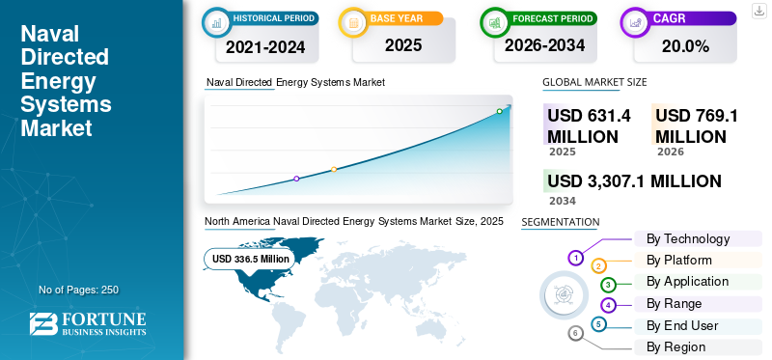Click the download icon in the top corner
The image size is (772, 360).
758,11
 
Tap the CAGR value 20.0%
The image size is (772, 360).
685,46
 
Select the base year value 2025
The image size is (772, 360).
403,45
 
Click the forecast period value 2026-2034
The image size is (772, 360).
544,45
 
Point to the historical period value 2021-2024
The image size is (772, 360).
265,46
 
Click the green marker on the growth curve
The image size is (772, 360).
499,111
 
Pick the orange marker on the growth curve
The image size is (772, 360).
334,170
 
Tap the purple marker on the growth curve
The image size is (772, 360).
296,179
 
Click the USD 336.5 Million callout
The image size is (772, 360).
250,259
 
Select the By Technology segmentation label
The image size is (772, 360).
688,238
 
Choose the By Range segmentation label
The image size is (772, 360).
674,304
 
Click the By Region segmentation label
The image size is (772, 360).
676,347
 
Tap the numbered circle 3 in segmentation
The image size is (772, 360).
608,285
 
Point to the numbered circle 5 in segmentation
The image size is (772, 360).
597,324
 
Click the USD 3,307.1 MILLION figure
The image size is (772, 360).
634,181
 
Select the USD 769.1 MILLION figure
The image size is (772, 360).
697,126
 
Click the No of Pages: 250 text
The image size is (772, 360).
79,290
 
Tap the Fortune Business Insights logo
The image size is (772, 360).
88,323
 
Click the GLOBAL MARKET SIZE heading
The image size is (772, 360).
594,82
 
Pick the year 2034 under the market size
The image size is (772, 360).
563,201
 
